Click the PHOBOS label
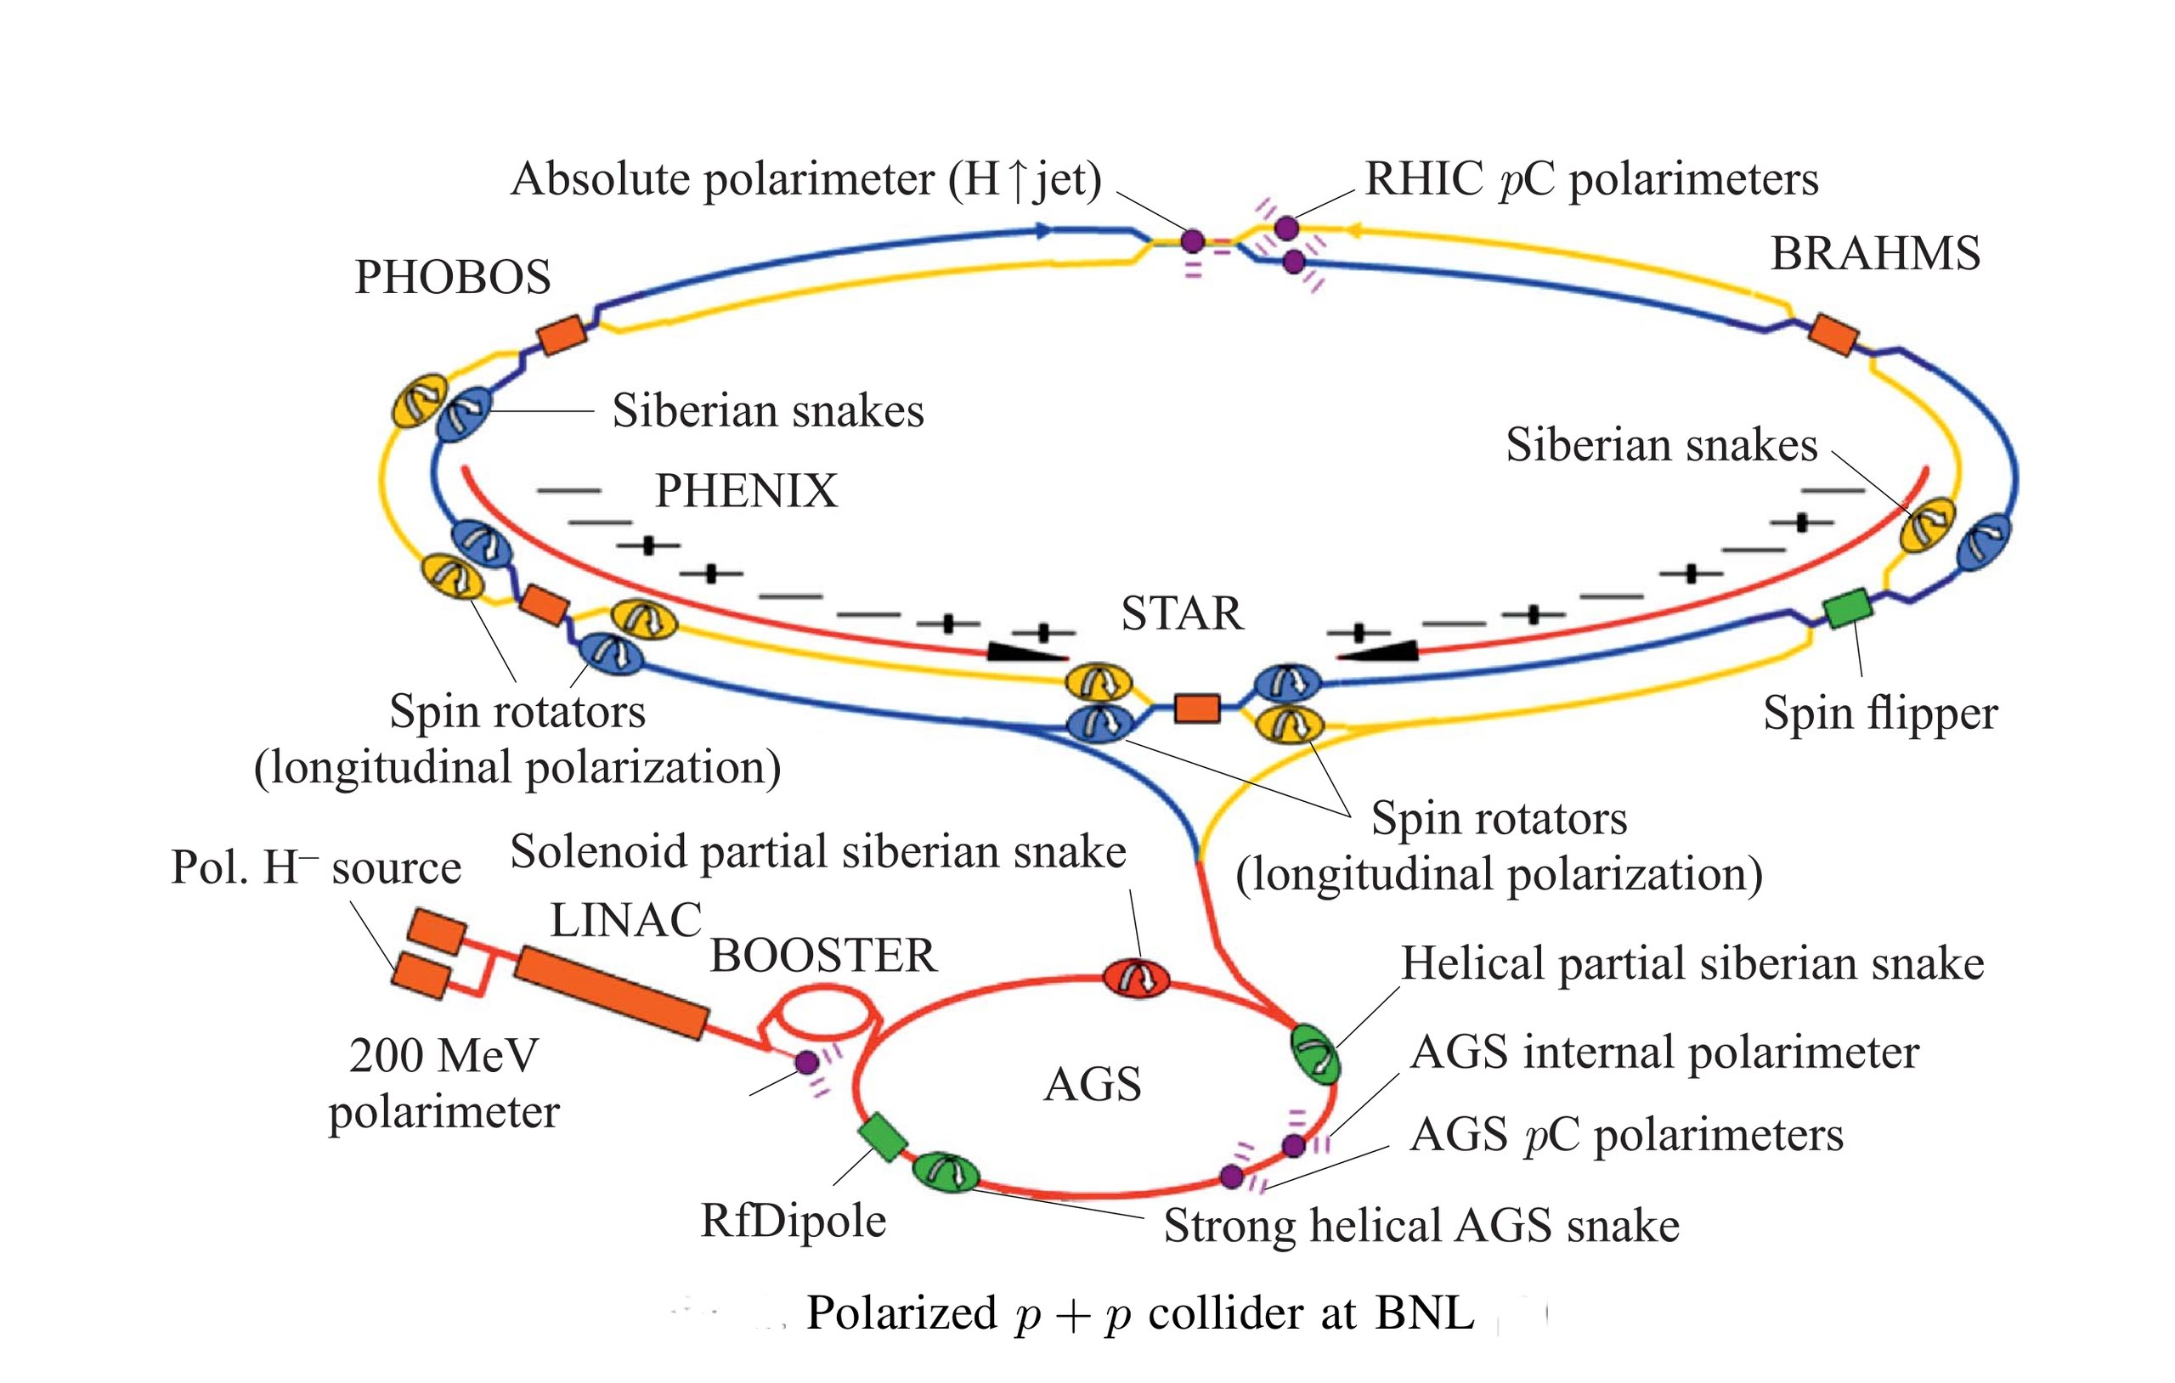click(x=453, y=276)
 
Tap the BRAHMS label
click(x=1875, y=253)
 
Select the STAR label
click(x=1182, y=613)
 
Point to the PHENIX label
click(x=746, y=490)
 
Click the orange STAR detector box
click(x=1197, y=708)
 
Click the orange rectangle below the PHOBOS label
click(x=562, y=334)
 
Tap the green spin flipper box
click(x=1848, y=608)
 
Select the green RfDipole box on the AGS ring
click(x=883, y=1137)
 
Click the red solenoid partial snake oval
click(x=1136, y=979)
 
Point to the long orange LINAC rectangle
click(x=611, y=993)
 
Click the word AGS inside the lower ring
click(x=1092, y=1084)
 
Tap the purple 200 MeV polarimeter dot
click(x=806, y=1063)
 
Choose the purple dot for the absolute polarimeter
click(x=1192, y=241)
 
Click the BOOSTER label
click(x=823, y=956)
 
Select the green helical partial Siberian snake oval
click(x=1314, y=1054)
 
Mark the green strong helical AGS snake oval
click(x=946, y=1171)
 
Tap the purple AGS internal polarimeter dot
click(x=1294, y=1145)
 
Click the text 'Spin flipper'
click(x=1880, y=714)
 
